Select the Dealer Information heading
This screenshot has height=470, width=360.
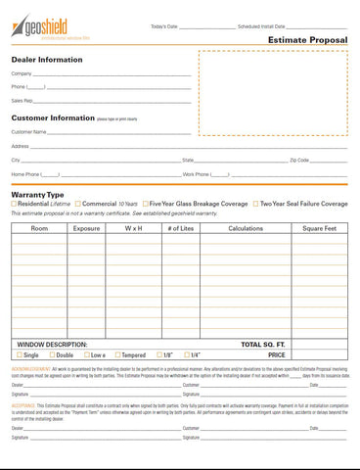[46, 59]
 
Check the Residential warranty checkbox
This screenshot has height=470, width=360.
[14, 204]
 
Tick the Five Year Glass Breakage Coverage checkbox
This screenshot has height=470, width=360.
[145, 204]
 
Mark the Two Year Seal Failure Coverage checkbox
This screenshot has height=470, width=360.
[254, 204]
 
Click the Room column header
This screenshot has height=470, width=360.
[39, 228]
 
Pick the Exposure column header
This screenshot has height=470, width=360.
[86, 228]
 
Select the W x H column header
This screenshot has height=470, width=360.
[133, 228]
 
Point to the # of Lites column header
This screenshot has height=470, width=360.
[181, 228]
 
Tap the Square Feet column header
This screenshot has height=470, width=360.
[319, 228]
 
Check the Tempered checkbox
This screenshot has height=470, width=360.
[118, 354]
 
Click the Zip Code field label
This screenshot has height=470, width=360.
[299, 160]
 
